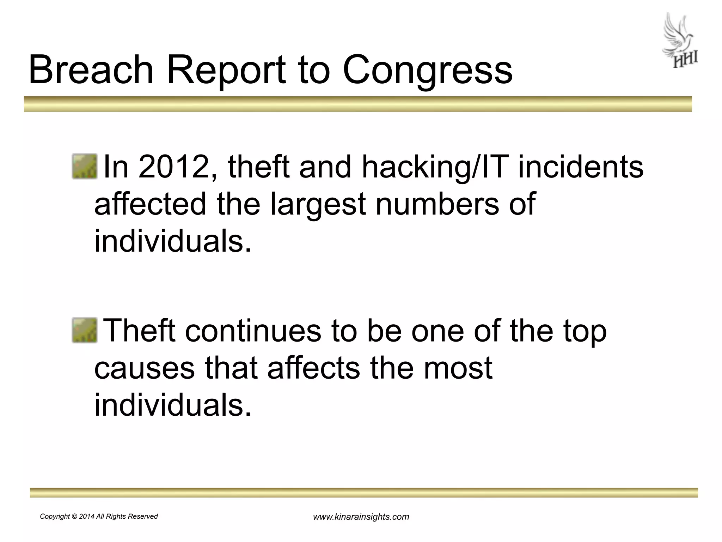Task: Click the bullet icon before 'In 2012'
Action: (85, 167)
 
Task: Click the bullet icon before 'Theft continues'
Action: (85, 330)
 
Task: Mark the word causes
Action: (144, 368)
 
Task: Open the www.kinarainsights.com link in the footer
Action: (361, 517)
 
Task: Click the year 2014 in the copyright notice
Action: (87, 517)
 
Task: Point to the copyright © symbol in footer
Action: (74, 517)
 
